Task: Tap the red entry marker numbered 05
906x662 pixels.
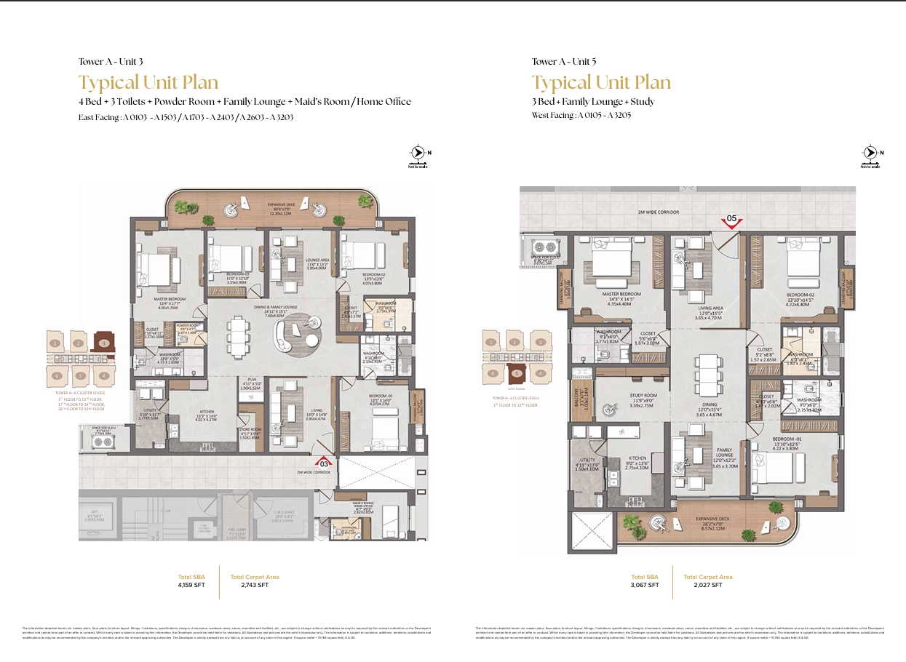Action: click(731, 219)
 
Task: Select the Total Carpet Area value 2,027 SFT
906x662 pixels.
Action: click(707, 585)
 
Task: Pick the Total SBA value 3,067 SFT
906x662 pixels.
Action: click(645, 585)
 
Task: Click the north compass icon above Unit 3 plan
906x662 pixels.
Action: click(418, 153)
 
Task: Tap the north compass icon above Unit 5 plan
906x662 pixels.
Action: click(871, 153)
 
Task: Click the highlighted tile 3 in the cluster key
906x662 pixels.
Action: click(103, 343)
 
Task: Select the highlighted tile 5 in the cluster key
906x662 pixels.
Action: click(517, 374)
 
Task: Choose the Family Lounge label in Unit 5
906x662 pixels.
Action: click(704, 453)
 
